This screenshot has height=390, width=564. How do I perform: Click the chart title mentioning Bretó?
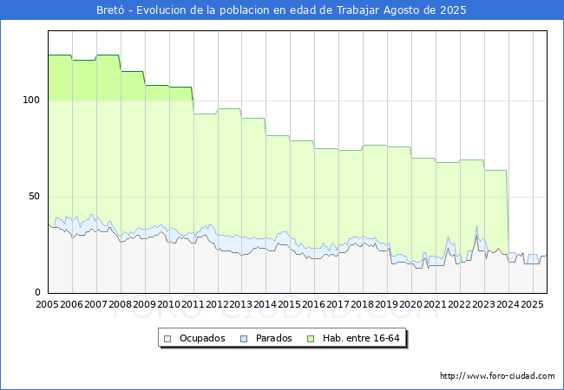coord(281,10)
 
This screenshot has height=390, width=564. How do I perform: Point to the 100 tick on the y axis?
coord(31,100)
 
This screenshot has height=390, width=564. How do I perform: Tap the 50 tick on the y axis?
coord(34,197)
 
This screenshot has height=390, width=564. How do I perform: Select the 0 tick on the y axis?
coord(38,292)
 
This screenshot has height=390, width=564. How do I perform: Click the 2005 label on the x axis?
coord(48,304)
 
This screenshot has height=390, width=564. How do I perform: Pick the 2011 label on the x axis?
coord(193,304)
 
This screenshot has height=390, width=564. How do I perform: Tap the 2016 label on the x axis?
coord(314,304)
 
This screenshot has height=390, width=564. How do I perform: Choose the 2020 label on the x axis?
coord(411,304)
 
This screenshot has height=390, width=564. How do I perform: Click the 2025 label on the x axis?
coord(532,304)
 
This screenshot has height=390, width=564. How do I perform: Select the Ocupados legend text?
coord(202,338)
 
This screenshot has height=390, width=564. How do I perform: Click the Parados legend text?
coord(273,338)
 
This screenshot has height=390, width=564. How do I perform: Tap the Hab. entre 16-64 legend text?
coord(361,338)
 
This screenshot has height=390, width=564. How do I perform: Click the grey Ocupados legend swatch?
coord(167,339)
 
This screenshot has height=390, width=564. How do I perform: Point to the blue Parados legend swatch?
coord(244,339)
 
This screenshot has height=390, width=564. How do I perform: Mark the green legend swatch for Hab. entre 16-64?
coord(311,339)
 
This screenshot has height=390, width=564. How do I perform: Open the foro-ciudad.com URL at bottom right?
coord(497,376)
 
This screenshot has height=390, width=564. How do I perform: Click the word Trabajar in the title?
coord(357,10)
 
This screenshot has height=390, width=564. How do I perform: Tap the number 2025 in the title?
coord(453,10)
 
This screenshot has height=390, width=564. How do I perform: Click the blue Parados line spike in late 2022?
coord(476,226)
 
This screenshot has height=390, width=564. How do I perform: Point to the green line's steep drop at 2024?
coord(508,211)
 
